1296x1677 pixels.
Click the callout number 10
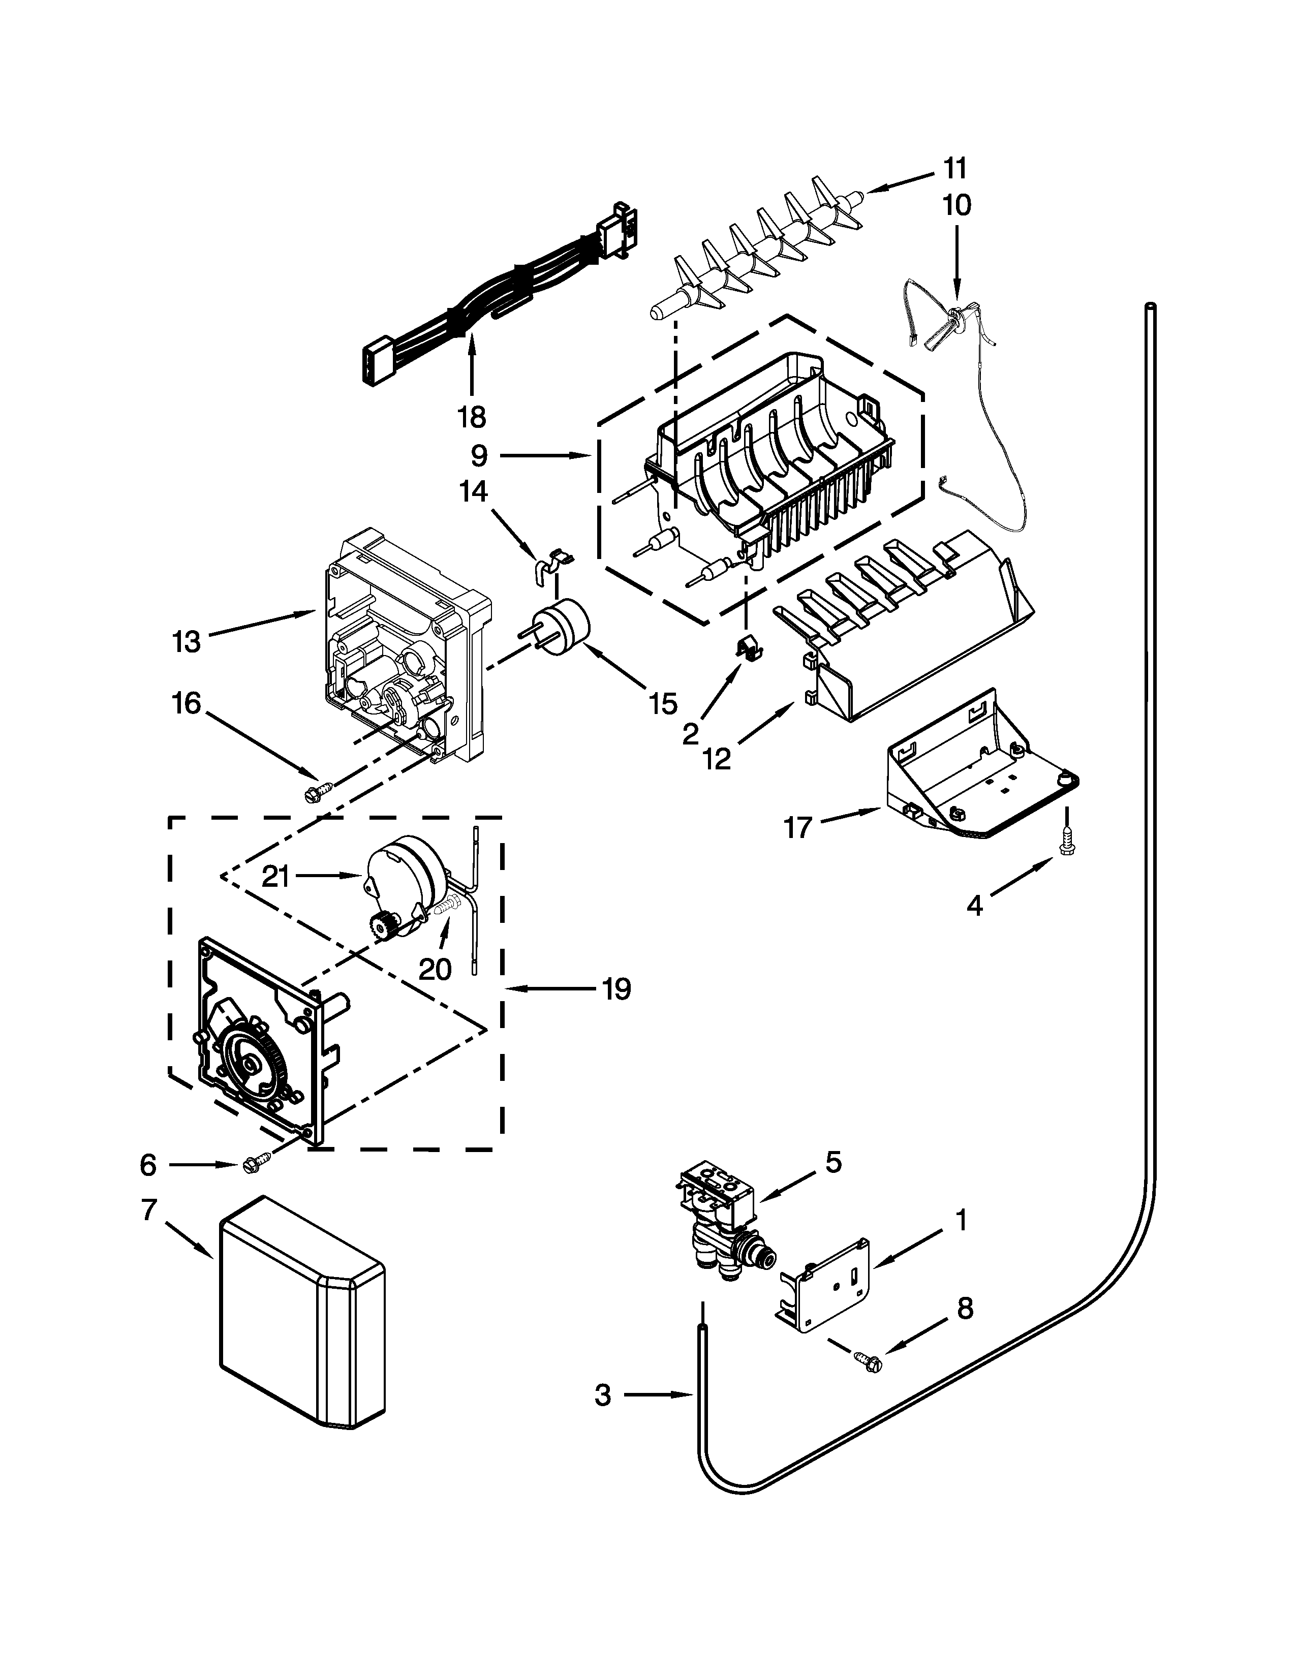pyautogui.click(x=956, y=205)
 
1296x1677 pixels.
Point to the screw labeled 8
pyautogui.click(x=869, y=1362)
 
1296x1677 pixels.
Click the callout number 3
pyautogui.click(x=603, y=1395)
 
